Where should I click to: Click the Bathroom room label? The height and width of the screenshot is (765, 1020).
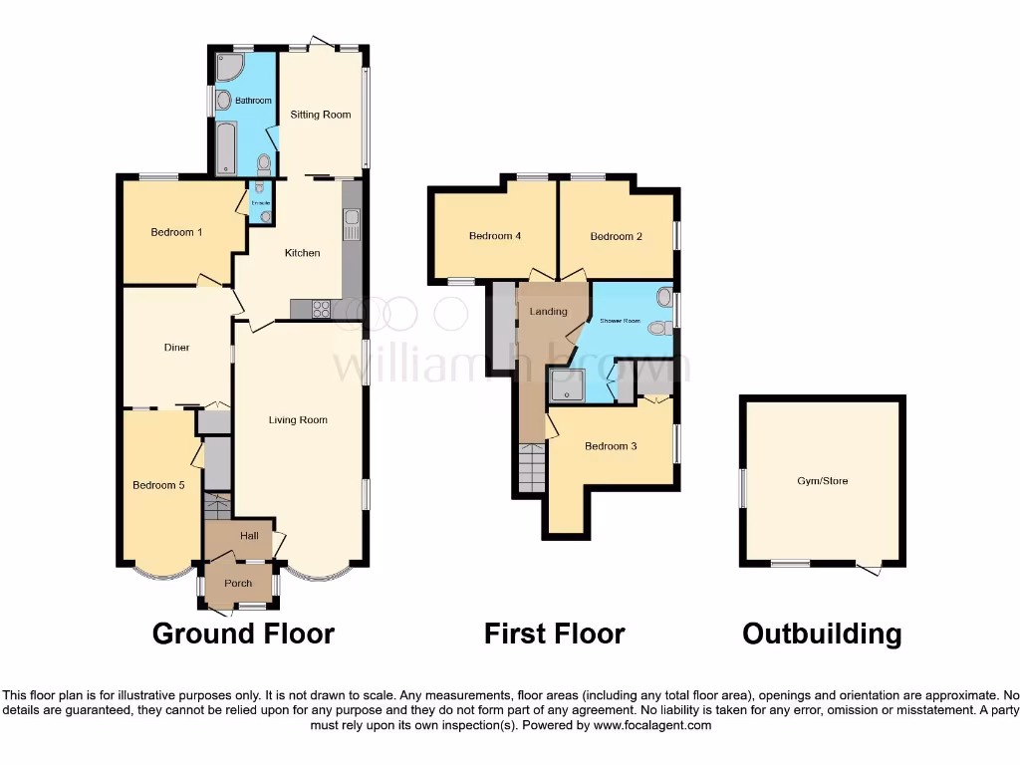[x=253, y=101]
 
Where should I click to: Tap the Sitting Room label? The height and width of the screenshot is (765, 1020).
[x=321, y=115]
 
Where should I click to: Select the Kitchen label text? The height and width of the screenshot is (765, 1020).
[x=303, y=253]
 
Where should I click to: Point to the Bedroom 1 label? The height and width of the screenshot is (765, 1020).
[x=176, y=232]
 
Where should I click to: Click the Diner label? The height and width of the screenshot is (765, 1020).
[x=176, y=348]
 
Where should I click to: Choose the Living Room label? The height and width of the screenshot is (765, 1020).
[x=298, y=420]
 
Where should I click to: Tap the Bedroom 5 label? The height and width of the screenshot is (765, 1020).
[x=159, y=485]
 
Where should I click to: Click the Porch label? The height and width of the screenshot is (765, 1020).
[x=238, y=584]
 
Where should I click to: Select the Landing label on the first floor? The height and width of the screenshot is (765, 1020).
[x=548, y=312]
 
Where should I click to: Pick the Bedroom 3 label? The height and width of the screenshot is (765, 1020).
[x=610, y=446]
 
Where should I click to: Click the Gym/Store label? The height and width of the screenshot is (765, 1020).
[x=823, y=481]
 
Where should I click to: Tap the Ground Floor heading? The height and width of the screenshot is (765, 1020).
[x=243, y=634]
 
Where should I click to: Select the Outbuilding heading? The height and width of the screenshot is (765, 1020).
[x=822, y=634]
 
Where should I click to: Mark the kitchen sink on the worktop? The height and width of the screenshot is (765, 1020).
[x=352, y=225]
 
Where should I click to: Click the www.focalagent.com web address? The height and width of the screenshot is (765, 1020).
[x=653, y=726]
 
